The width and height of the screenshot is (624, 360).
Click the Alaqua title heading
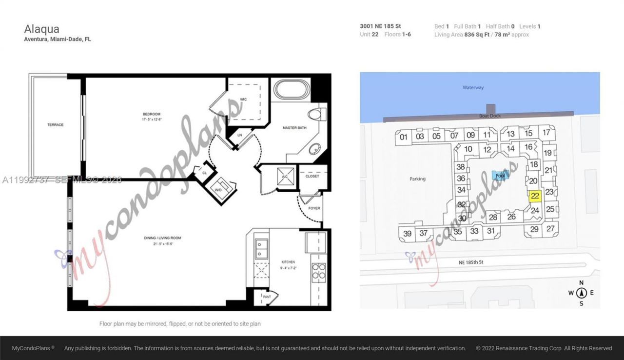(41, 29)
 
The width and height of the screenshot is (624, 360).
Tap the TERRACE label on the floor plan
(55, 125)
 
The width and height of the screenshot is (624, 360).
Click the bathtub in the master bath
(292, 90)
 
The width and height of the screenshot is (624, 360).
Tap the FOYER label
(314, 208)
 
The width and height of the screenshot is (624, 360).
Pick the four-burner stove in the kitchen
(318, 271)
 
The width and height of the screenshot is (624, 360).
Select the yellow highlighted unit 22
(535, 197)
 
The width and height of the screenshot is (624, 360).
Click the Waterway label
(473, 88)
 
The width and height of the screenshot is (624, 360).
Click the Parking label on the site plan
(417, 179)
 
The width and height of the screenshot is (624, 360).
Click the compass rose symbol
(581, 293)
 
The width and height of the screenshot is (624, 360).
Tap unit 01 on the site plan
(404, 137)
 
